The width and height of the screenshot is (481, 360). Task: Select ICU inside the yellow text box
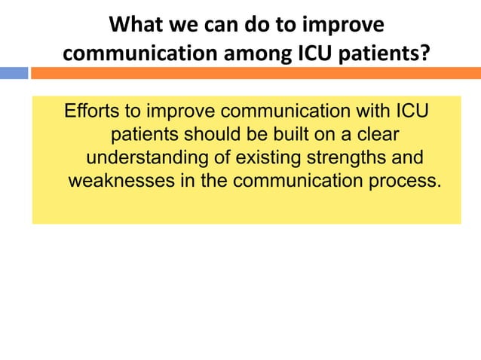[x=412, y=112]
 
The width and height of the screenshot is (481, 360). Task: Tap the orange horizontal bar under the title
[x=255, y=73]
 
